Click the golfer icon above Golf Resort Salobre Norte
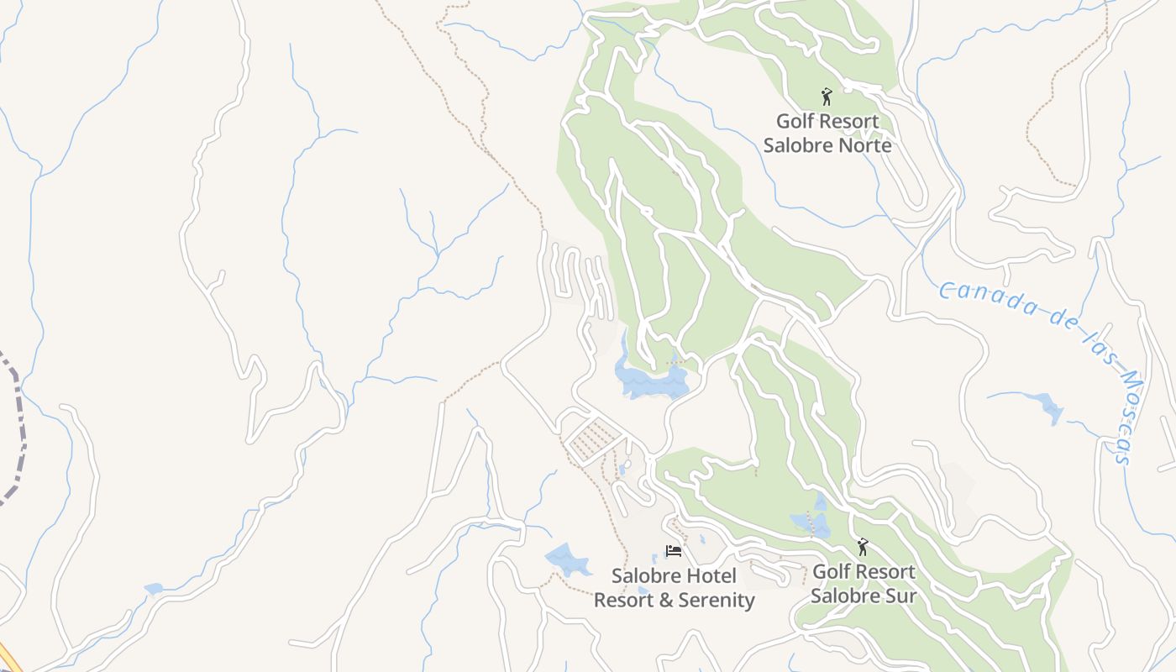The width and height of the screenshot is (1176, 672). click(x=827, y=97)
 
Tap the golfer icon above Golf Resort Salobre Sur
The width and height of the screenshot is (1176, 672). click(x=863, y=548)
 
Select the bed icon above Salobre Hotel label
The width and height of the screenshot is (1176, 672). click(x=673, y=551)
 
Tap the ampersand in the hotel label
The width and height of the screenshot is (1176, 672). click(x=664, y=601)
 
